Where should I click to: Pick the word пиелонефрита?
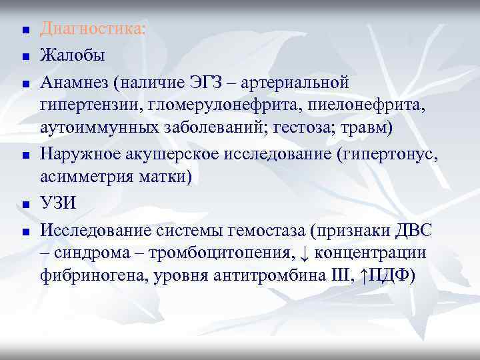click(361, 106)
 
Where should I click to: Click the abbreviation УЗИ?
click(59, 203)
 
